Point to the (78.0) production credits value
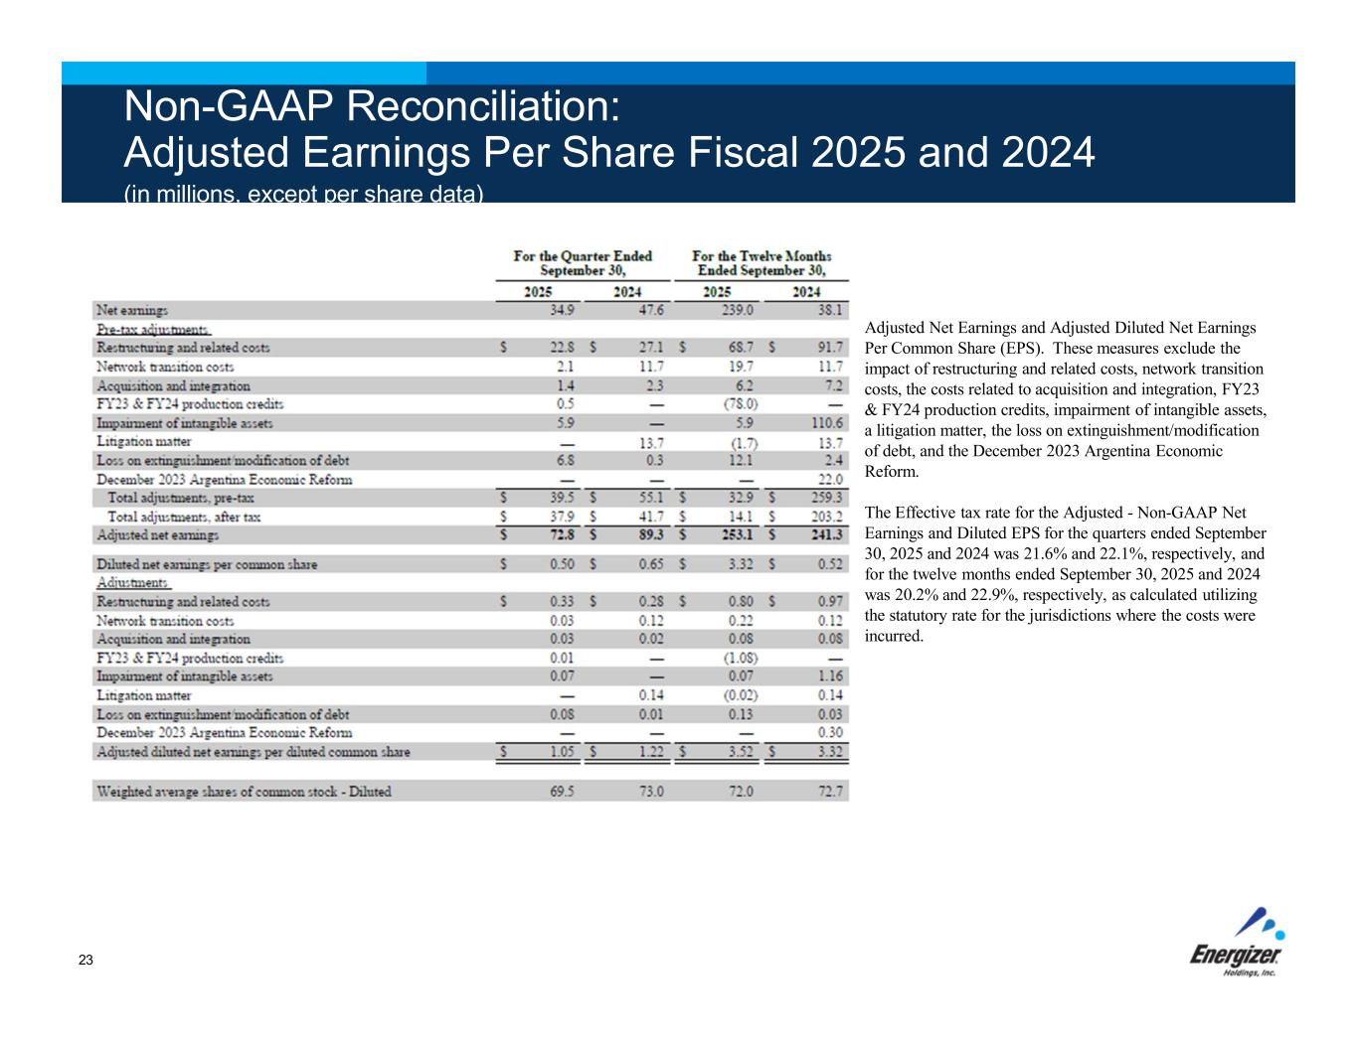point(741,404)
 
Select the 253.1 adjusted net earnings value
point(736,535)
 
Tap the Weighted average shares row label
point(244,792)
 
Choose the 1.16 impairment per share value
point(830,676)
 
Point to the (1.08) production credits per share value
point(741,658)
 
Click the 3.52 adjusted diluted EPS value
point(741,752)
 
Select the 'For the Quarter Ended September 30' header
point(583,263)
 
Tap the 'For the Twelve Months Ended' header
point(762,263)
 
